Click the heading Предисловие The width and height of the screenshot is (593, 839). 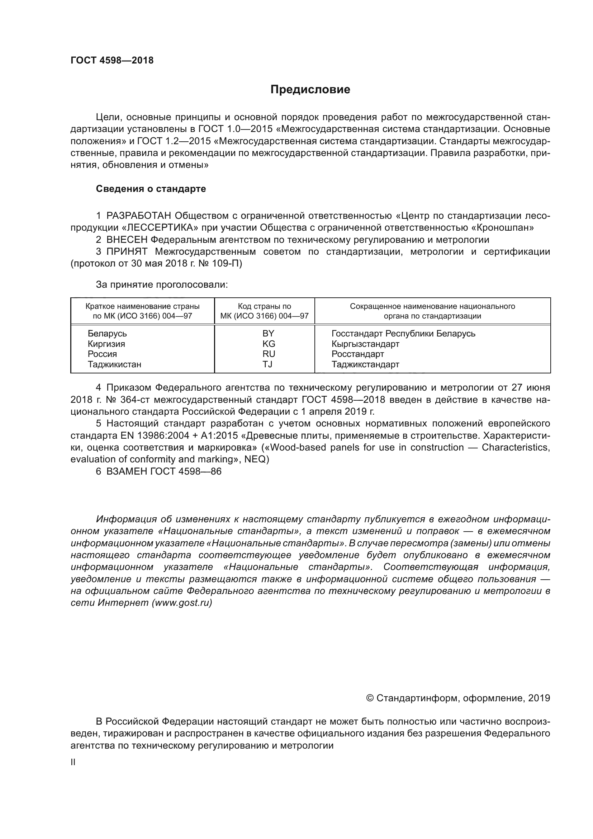pyautogui.click(x=310, y=90)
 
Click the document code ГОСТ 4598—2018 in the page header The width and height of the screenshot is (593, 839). pyautogui.click(x=112, y=60)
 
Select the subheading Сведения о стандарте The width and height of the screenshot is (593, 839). pyautogui.click(x=151, y=189)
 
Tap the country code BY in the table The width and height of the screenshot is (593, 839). pyautogui.click(x=268, y=333)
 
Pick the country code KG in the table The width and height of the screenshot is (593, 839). pyautogui.click(x=269, y=344)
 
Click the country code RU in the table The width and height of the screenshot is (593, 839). pyautogui.click(x=269, y=354)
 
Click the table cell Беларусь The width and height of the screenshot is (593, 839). pyautogui.click(x=107, y=333)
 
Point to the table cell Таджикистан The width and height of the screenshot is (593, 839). pyautogui.click(x=114, y=364)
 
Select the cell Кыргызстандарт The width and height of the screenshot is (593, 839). pyautogui.click(x=365, y=344)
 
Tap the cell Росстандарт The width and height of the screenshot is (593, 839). pyautogui.click(x=357, y=354)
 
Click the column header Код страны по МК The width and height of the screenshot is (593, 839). pyautogui.click(x=264, y=311)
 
